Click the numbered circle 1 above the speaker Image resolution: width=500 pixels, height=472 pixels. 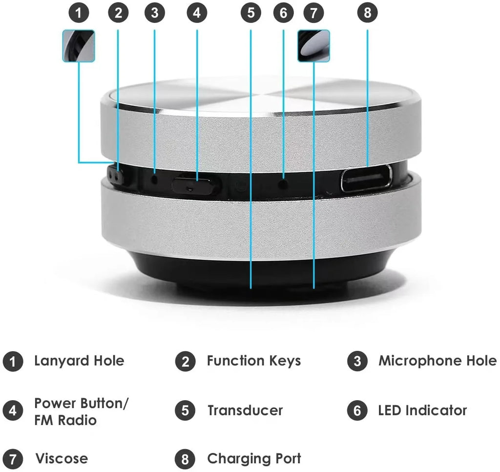pyautogui.click(x=79, y=13)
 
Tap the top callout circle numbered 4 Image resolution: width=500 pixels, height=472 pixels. pyautogui.click(x=197, y=13)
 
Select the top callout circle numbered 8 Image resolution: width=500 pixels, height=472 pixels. pyautogui.click(x=368, y=13)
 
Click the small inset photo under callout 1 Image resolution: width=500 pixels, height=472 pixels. pyautogui.click(x=79, y=45)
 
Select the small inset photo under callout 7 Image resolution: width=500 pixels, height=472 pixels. pyautogui.click(x=313, y=45)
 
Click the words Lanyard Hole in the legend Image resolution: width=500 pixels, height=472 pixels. pyautogui.click(x=79, y=361)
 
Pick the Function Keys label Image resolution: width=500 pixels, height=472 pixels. pyautogui.click(x=253, y=361)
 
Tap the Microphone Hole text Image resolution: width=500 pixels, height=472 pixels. pyautogui.click(x=437, y=361)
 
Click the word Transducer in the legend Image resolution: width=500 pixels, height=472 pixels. pyautogui.click(x=245, y=410)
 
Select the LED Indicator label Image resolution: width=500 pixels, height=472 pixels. pyautogui.click(x=422, y=410)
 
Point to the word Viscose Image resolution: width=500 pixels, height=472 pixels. pyautogui.click(x=62, y=459)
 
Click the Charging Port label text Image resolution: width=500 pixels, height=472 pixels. pyautogui.click(x=254, y=459)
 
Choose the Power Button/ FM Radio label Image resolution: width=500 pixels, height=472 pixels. pyautogui.click(x=81, y=411)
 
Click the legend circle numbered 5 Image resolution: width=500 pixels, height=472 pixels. pyautogui.click(x=185, y=410)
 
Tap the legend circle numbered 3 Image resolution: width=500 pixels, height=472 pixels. pyautogui.click(x=357, y=362)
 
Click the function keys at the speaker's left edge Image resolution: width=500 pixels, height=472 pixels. pyautogui.click(x=115, y=176)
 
